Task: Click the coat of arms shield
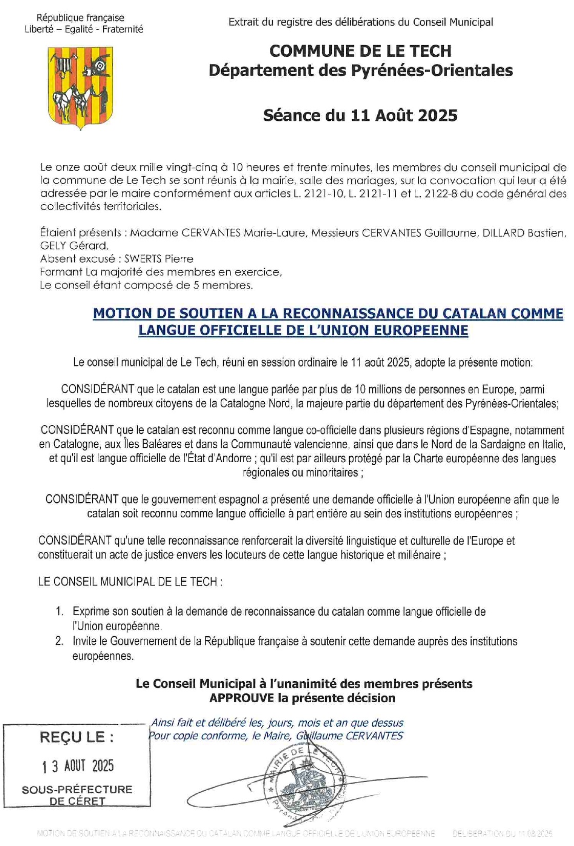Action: (x=81, y=86)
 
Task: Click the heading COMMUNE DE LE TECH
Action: (x=360, y=51)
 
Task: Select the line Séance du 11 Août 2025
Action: (x=360, y=116)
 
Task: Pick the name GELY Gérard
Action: (x=74, y=246)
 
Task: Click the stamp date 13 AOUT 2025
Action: (x=78, y=766)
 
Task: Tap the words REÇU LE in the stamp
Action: (x=77, y=737)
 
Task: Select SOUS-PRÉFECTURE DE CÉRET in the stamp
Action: (x=77, y=795)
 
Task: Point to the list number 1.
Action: (x=60, y=612)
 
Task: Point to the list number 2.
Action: (x=60, y=641)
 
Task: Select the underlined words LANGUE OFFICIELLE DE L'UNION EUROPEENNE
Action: (x=303, y=331)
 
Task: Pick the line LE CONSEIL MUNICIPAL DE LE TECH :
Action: (x=130, y=582)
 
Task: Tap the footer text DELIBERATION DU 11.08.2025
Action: (x=502, y=834)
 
